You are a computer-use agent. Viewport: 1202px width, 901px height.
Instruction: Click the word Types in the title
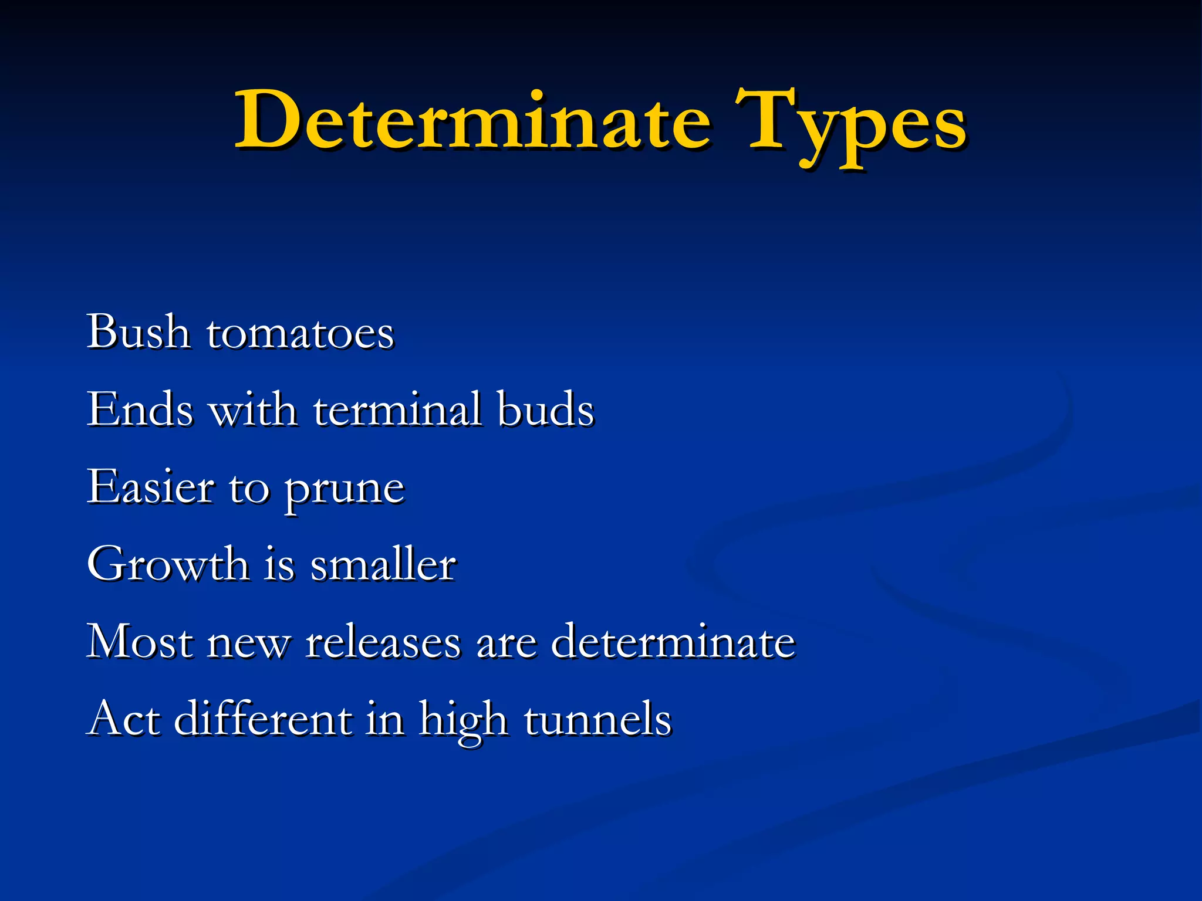click(850, 126)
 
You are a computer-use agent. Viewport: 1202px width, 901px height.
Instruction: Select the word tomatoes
click(300, 334)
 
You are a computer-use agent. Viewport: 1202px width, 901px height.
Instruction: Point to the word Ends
click(140, 409)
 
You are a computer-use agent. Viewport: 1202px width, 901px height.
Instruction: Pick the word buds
click(545, 409)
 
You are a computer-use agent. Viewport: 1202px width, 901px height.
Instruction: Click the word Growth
click(168, 564)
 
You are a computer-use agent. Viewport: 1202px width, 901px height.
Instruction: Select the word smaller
click(383, 564)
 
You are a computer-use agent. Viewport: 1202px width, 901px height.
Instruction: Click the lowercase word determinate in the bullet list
click(673, 641)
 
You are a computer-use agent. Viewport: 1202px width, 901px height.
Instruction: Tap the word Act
click(124, 719)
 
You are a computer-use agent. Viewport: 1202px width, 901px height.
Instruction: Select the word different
click(264, 719)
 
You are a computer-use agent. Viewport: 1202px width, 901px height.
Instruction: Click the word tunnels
click(597, 719)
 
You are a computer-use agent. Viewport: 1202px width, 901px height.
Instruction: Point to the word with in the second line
click(253, 409)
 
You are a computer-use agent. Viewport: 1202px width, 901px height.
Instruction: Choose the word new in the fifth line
click(249, 644)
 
